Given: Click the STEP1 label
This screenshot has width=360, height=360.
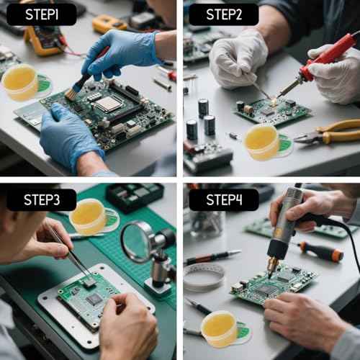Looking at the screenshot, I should coord(42,14).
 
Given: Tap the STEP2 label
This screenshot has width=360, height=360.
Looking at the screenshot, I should coord(223,14).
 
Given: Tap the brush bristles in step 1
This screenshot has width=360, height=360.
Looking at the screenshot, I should coord(71,93).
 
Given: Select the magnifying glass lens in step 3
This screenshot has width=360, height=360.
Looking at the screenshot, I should coord(138,241).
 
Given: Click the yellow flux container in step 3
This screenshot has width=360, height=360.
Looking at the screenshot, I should coord(88,217).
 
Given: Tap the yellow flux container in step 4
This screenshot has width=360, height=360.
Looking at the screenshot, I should coord(219,328).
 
